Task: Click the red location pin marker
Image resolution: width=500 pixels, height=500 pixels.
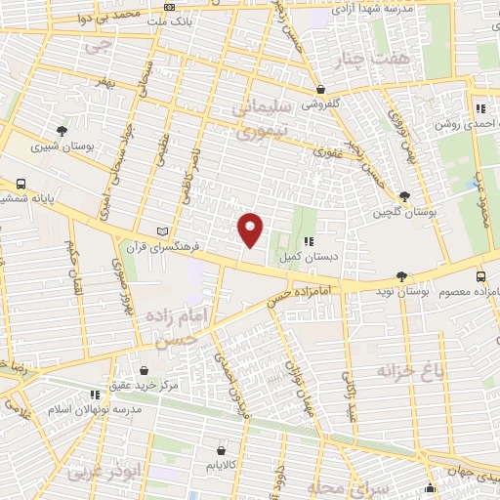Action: point(251,229)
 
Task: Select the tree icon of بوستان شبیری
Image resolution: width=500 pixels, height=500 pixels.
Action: point(63,130)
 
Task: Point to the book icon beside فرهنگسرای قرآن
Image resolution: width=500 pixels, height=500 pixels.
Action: point(161,231)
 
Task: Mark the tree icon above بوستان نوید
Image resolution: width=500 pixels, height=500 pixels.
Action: point(402,277)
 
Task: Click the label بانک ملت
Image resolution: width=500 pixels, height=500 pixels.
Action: point(198,20)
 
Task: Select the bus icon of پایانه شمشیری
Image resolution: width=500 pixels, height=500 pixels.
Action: point(21,184)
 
